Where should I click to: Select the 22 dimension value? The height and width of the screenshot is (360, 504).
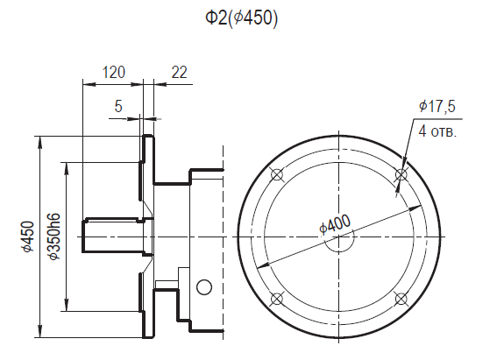tap(180, 73)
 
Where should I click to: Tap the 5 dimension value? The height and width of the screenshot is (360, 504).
tap(118, 107)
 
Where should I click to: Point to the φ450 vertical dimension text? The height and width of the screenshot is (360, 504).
tap(28, 236)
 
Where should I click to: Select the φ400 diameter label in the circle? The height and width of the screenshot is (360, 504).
tap(336, 224)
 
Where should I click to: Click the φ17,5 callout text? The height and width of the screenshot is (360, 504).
tap(437, 107)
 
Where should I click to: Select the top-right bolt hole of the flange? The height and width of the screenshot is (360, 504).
tap(401, 174)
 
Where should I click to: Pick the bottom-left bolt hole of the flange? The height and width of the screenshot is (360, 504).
tap(277, 299)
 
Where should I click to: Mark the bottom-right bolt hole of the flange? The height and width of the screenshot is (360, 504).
tap(401, 299)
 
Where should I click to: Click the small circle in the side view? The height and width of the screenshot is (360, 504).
tap(204, 286)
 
